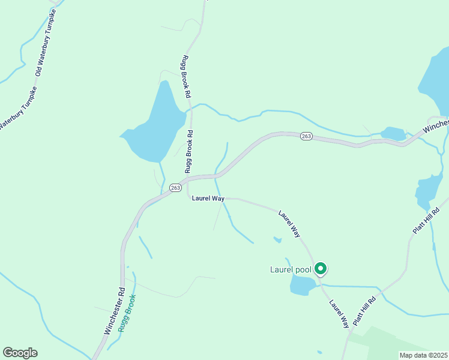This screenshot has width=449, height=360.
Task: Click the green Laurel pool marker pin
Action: click(x=321, y=269)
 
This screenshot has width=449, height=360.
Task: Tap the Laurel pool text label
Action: click(x=291, y=269)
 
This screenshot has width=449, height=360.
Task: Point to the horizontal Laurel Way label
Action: click(x=208, y=199)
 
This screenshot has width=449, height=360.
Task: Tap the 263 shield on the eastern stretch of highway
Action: click(x=306, y=136)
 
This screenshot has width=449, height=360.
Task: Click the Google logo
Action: click(x=20, y=353)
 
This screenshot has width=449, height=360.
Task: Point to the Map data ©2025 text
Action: click(x=423, y=355)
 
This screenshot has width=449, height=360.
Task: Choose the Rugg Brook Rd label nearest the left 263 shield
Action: click(x=188, y=152)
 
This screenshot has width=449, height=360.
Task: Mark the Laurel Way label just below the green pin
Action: click(x=339, y=313)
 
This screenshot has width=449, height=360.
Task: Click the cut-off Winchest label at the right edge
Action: click(x=436, y=125)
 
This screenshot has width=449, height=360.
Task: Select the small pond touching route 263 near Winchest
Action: click(x=393, y=133)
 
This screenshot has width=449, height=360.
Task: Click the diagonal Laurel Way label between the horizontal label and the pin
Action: click(x=289, y=223)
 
